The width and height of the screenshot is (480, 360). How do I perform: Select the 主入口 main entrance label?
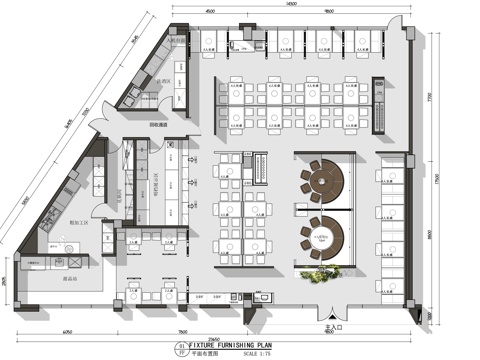point(321,326)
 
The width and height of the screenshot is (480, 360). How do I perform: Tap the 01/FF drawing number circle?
point(180,346)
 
